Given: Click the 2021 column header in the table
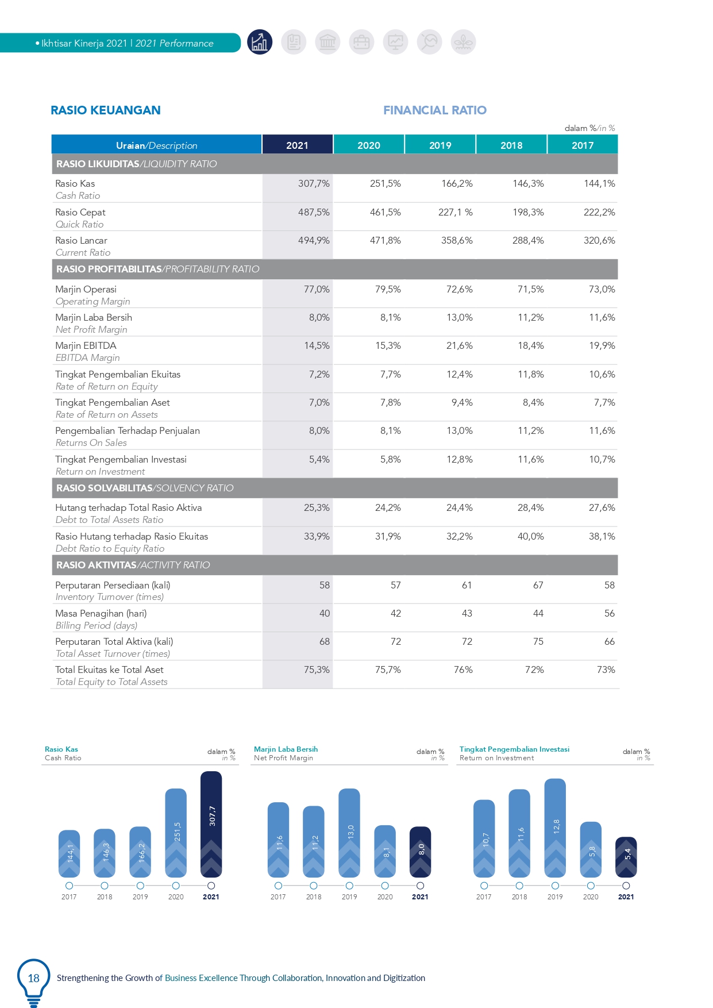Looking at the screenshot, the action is [297, 145].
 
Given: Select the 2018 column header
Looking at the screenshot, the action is [511, 145].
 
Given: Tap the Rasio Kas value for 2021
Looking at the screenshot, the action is [314, 183].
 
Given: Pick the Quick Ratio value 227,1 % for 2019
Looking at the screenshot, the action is [456, 212].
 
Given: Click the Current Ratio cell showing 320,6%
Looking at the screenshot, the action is [599, 240].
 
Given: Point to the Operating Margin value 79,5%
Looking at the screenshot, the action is [388, 289].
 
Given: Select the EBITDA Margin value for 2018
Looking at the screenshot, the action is [530, 345].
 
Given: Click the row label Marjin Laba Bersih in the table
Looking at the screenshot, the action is [94, 317].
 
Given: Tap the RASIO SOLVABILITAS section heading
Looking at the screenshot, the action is [104, 488].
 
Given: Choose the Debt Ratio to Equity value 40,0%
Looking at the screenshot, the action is [530, 536].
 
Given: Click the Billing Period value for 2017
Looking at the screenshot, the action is [610, 613].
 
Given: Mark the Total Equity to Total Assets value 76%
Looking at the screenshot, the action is [463, 670].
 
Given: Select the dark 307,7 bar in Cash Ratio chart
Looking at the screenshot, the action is [211, 824].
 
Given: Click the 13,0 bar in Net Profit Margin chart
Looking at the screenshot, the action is [349, 833].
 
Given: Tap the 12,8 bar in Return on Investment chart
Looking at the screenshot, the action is [555, 828].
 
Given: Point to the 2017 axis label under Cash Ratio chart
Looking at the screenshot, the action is [69, 897].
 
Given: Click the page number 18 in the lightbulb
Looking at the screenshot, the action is [34, 978].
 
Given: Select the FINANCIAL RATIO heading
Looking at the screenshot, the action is [435, 110].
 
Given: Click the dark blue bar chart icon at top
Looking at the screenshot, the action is [260, 42].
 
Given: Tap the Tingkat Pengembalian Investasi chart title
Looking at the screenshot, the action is [514, 749].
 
